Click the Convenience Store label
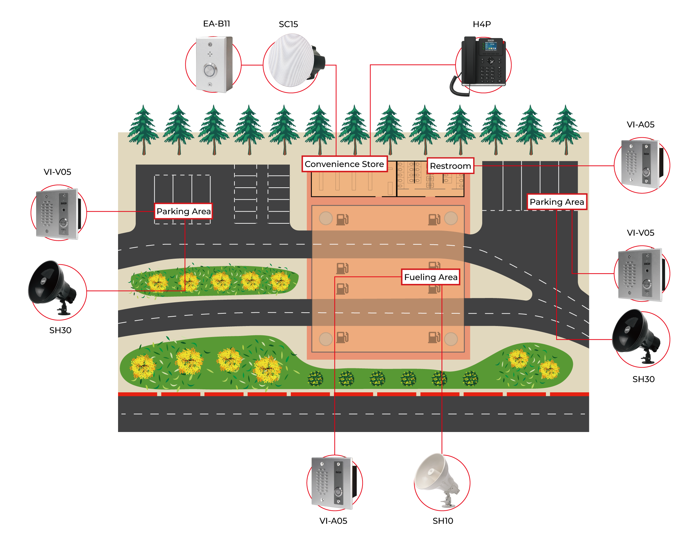pyautogui.click(x=344, y=164)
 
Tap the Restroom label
pyautogui.click(x=450, y=166)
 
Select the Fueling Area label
pyautogui.click(x=431, y=277)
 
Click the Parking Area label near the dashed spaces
pyautogui.click(x=183, y=211)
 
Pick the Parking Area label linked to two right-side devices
pyautogui.click(x=557, y=202)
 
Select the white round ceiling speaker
pyautogui.click(x=292, y=62)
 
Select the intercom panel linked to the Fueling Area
pyautogui.click(x=332, y=482)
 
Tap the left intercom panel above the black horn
pyautogui.click(x=57, y=213)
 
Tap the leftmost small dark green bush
pyautogui.click(x=315, y=379)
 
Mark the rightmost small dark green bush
pyautogui.click(x=471, y=379)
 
